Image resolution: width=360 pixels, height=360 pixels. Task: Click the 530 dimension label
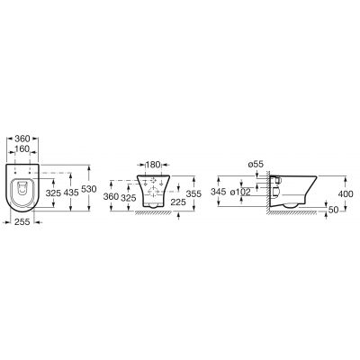89,189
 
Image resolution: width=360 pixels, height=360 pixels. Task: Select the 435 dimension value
71,193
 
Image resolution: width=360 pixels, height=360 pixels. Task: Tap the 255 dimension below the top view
22,221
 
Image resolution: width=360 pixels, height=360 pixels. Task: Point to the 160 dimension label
22,148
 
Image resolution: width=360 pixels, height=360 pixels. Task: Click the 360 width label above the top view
22,139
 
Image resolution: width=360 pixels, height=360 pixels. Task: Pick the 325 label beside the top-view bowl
53,193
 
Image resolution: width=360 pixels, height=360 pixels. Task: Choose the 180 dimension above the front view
153,165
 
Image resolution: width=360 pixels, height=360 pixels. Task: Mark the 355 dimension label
193,193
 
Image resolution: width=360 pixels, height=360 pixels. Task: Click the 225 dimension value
178,202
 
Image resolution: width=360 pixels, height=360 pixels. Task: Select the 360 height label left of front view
111,196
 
